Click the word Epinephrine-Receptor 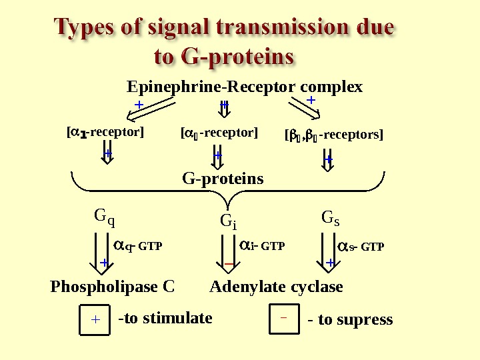coord(212,87)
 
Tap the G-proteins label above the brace coord(223,179)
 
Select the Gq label coord(104,217)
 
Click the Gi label coord(228,221)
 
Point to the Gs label coord(331,218)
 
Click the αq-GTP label coord(138,247)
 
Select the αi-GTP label coord(262,247)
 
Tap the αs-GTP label coord(361,247)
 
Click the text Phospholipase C coord(113,287)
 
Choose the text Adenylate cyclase coord(276,287)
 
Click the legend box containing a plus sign coord(94,319)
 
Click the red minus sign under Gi coord(228,265)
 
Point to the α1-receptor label coord(104,132)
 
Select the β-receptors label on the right coord(334,135)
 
